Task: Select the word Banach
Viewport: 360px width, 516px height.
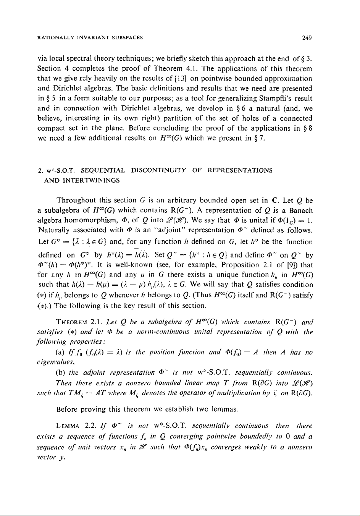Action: click(x=299, y=210)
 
